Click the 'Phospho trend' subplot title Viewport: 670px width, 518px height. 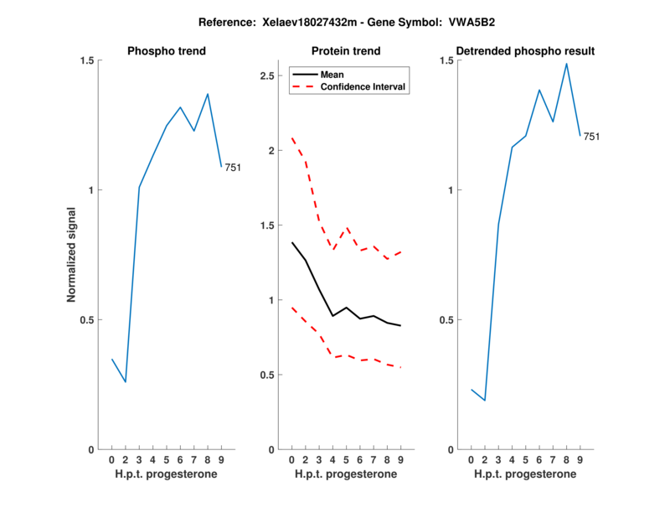166,51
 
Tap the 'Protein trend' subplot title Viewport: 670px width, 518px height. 346,51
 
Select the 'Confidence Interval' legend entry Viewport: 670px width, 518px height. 363,86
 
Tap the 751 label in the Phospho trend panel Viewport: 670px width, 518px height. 233,168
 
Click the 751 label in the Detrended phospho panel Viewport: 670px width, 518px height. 592,137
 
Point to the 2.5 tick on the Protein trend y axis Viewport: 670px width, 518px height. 269,76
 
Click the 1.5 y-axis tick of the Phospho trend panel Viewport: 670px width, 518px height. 85,60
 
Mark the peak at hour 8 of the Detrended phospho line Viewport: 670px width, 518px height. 566,64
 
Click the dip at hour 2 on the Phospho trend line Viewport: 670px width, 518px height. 126,382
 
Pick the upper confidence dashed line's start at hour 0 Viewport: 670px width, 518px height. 291,138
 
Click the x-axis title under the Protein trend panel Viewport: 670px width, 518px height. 346,474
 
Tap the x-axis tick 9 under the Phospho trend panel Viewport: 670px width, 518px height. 221,460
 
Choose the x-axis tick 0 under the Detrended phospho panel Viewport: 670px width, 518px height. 471,460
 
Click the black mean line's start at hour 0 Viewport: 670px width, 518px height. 291,242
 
